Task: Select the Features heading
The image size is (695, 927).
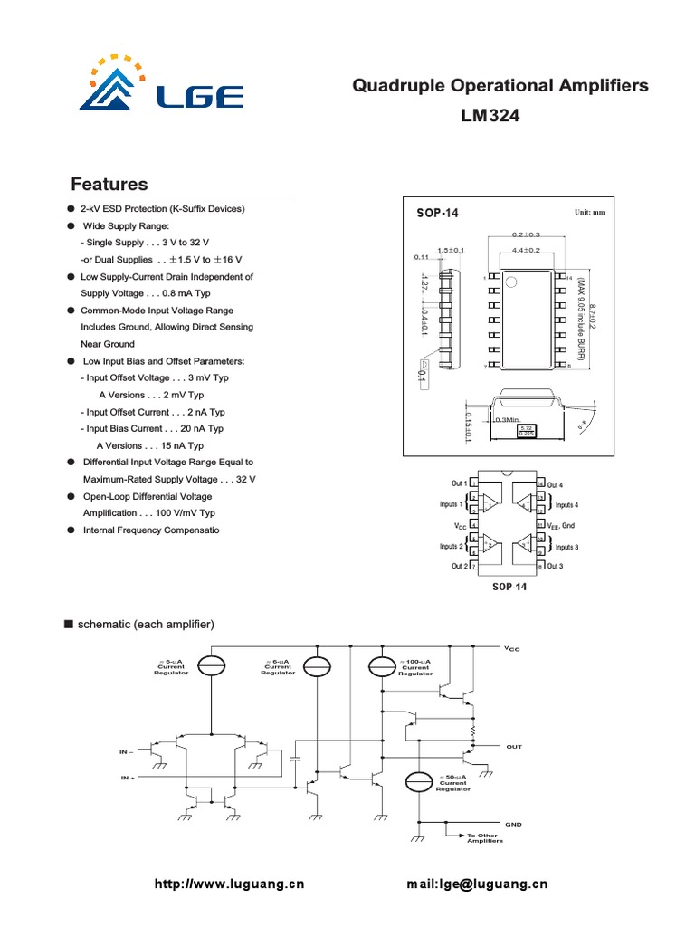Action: pos(109,185)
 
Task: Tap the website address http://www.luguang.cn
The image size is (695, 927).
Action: pos(231,884)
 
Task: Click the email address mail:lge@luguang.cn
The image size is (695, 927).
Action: pos(478,884)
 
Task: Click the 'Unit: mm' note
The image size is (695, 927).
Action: pos(589,213)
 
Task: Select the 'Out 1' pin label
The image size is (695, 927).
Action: pos(459,484)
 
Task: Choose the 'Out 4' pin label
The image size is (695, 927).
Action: pos(555,485)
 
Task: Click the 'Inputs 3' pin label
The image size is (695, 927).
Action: pos(566,547)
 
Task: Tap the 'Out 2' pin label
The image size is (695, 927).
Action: pos(459,567)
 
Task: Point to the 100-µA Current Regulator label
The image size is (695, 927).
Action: pos(415,667)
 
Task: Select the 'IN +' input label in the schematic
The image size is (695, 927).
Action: pos(127,778)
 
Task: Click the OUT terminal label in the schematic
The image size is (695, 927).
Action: pos(514,747)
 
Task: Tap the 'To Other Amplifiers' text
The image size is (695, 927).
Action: pos(484,838)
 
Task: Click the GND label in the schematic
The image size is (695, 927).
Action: pos(514,824)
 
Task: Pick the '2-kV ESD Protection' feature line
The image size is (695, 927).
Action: pos(163,209)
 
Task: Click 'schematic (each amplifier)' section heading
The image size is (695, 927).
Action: pos(145,625)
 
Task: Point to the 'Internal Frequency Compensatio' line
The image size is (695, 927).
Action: pos(150,530)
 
